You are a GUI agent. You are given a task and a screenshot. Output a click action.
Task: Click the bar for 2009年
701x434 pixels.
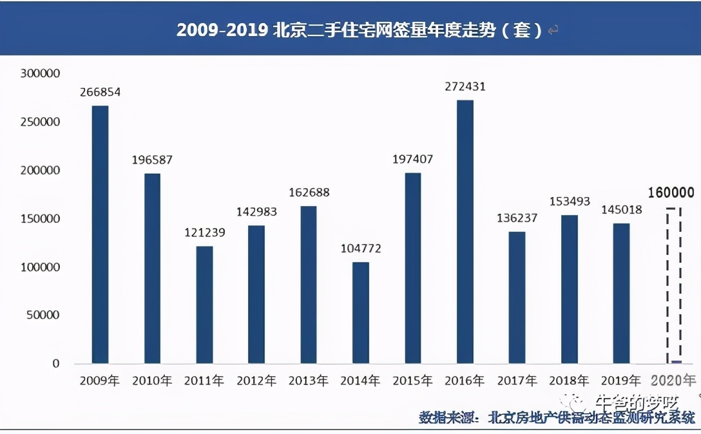100,235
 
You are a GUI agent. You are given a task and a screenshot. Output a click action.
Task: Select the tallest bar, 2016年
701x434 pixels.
465,232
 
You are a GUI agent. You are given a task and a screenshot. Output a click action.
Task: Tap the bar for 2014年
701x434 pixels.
361,312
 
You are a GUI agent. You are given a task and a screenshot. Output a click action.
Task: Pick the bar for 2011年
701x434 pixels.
204,305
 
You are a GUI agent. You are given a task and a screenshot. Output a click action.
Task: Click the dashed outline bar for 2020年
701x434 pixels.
673,285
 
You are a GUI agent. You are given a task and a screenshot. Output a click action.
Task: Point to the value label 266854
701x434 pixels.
100,93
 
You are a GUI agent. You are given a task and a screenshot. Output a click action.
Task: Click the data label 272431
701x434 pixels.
465,86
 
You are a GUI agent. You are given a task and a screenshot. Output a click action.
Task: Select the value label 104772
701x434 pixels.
361,248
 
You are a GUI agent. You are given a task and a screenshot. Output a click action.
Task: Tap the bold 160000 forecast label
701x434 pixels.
672,193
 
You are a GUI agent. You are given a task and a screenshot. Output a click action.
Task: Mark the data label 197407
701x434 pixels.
412,159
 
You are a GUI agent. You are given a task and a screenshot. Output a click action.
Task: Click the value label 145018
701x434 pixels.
621,210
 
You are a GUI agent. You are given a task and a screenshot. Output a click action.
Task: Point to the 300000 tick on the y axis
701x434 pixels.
40,74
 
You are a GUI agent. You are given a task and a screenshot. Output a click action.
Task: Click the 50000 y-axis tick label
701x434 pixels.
43,316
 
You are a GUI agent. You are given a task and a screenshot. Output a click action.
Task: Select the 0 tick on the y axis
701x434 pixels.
56,364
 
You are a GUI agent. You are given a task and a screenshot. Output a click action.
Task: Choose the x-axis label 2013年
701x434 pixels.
309,381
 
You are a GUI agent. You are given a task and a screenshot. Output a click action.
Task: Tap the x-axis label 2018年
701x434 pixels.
569,381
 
